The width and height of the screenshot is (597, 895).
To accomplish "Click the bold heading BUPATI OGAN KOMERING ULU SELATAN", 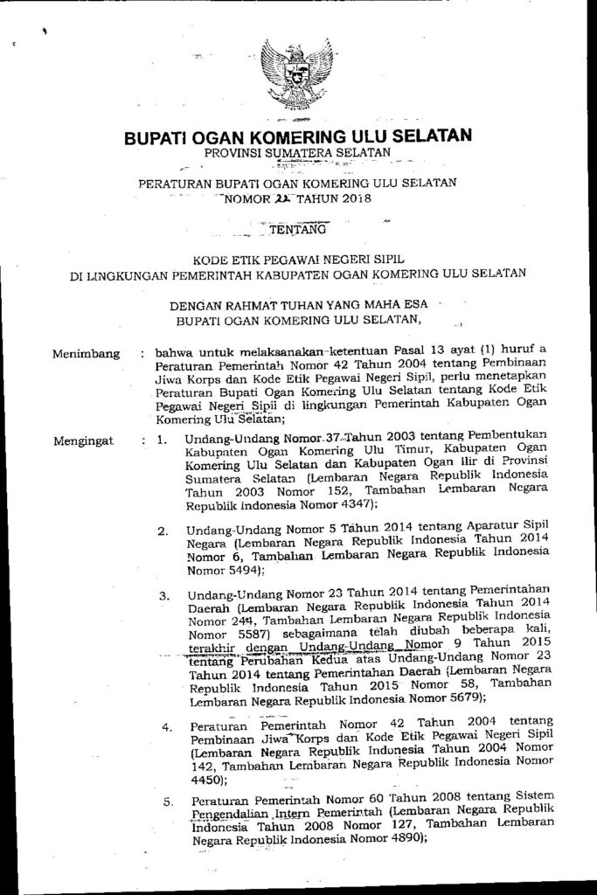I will (x=298, y=136).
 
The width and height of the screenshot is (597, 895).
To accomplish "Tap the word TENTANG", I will (x=298, y=231).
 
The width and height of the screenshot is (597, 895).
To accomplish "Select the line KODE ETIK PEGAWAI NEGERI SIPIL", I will (x=297, y=259).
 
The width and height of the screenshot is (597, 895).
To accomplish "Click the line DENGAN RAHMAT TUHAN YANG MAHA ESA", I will (x=297, y=306).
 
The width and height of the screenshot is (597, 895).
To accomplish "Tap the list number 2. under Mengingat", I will (x=163, y=531).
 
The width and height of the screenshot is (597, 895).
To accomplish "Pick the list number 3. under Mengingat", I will (x=163, y=596).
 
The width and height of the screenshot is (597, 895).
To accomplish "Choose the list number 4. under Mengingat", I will (x=166, y=727).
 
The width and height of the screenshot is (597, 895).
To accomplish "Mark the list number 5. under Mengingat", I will (x=167, y=801).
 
